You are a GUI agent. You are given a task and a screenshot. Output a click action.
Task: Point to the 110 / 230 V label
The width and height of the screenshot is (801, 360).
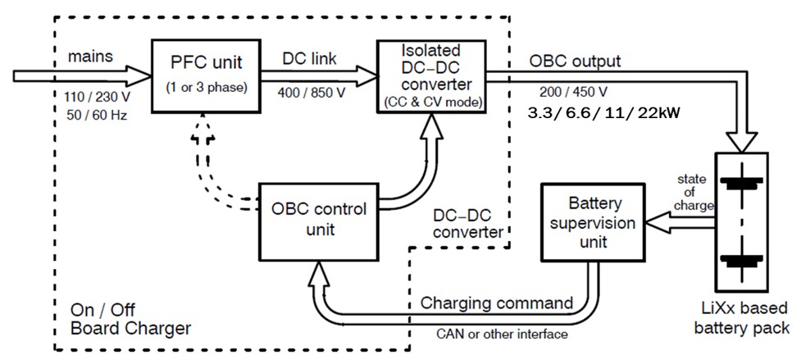(94, 96)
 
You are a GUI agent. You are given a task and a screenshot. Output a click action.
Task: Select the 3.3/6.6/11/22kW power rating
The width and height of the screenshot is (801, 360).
(603, 112)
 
